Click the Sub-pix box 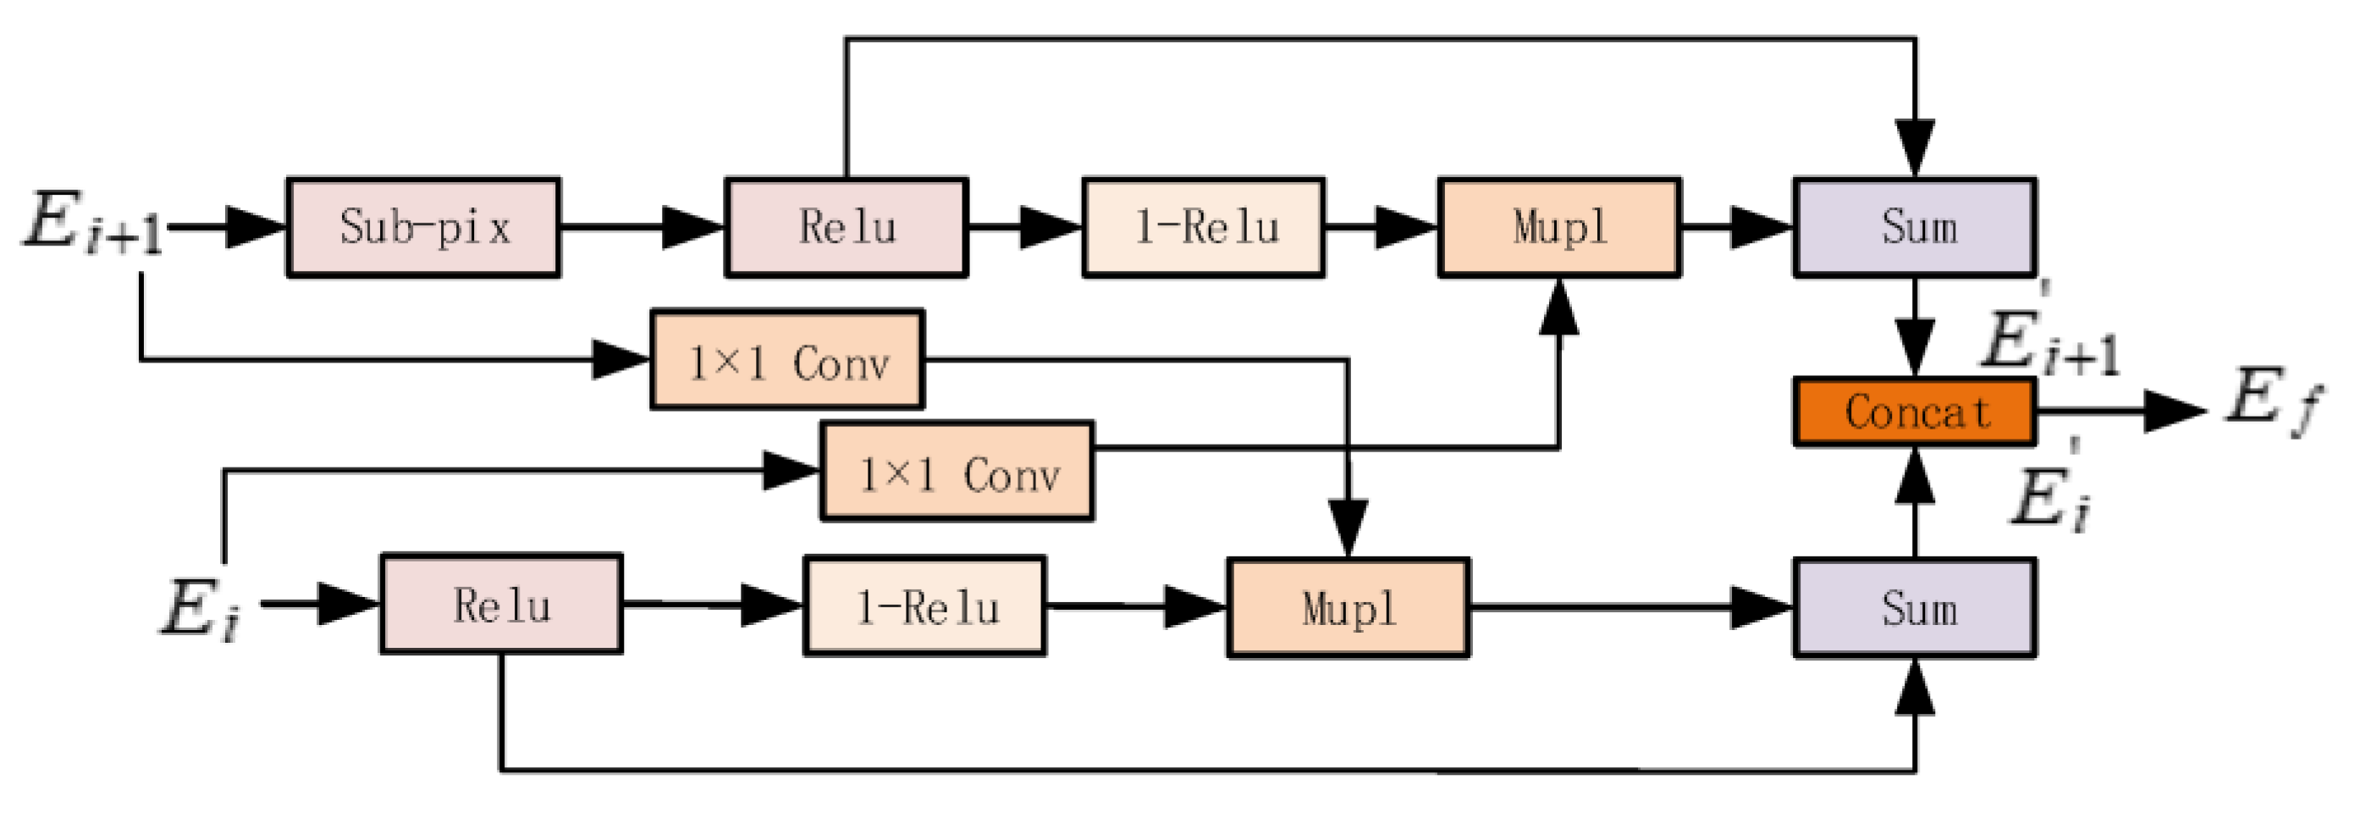coord(423,227)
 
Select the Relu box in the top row coord(846,227)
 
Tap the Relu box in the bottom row coord(501,605)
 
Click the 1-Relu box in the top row coord(1203,227)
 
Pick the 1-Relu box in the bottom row coord(924,606)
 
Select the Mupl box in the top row coord(1558,227)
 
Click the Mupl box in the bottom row coord(1348,607)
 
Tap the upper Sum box coord(1914,227)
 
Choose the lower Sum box coord(1914,607)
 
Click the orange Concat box coord(1914,412)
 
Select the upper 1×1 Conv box coord(787,359)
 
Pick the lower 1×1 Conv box coord(957,471)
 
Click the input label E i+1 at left coord(91,222)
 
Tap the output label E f coord(2272,402)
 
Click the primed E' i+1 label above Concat coord(2048,339)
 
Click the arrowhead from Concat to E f coord(2176,412)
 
